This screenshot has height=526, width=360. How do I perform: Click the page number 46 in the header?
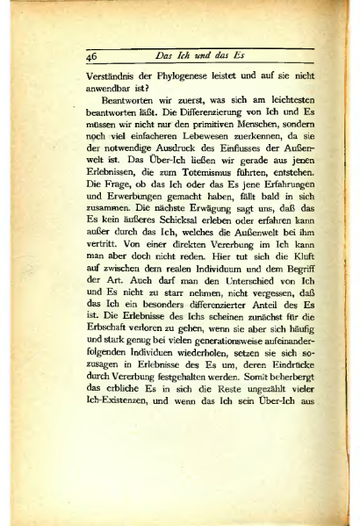tap(91, 55)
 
